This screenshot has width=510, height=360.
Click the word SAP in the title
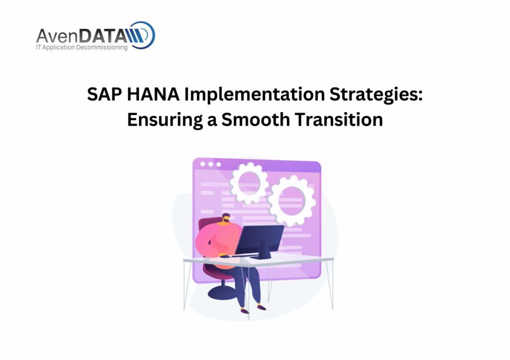[x=105, y=94]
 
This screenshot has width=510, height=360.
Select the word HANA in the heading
[x=153, y=94]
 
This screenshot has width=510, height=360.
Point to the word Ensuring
[x=165, y=120]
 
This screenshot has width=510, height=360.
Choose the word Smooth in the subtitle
[x=255, y=120]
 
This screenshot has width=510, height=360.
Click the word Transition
[x=339, y=120]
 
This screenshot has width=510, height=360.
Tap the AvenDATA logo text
[x=81, y=35]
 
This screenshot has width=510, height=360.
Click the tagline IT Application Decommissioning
[x=82, y=47]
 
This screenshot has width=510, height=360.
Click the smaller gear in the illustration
[x=249, y=183]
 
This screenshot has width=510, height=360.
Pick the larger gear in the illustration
[x=292, y=201]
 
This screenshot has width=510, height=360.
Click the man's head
[x=226, y=219]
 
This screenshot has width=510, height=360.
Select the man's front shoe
[x=261, y=307]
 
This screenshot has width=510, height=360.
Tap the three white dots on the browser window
[x=211, y=164]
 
